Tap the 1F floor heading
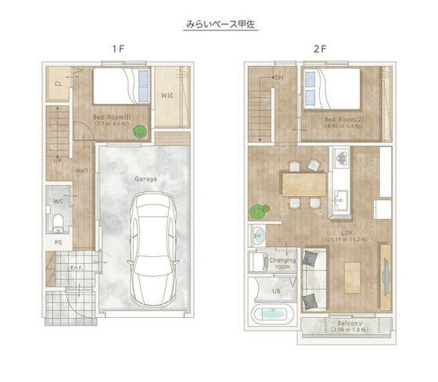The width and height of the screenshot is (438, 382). (x=117, y=48)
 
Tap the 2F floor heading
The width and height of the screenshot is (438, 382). (x=319, y=48)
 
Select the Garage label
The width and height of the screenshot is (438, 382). (x=145, y=179)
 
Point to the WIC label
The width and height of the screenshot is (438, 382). (x=167, y=96)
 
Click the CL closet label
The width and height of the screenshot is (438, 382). (x=59, y=83)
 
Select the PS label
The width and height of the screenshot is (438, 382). (x=58, y=243)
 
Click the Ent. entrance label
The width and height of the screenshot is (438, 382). (x=77, y=268)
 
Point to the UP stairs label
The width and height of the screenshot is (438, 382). (x=57, y=162)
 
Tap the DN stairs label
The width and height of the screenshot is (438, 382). (x=279, y=78)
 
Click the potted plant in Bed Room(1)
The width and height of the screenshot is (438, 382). (x=140, y=133)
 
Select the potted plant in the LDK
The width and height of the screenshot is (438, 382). (x=259, y=210)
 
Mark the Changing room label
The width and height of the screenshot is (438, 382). (x=282, y=263)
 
